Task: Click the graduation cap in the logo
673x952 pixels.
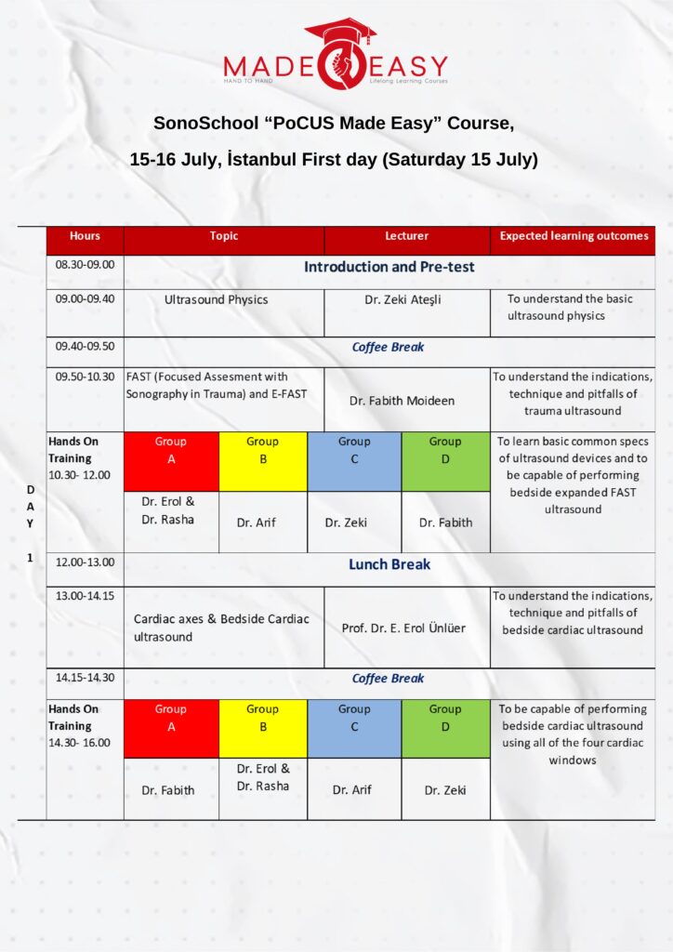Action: (340, 31)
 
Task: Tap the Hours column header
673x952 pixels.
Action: (85, 236)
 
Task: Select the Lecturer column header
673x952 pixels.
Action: (406, 236)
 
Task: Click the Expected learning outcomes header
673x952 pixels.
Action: (574, 236)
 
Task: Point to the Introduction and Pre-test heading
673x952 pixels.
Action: (389, 267)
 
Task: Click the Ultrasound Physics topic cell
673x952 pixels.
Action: (216, 300)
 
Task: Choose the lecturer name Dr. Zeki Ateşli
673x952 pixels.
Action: (406, 300)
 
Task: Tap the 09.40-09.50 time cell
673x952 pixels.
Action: (85, 347)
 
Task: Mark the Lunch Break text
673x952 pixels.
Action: (389, 564)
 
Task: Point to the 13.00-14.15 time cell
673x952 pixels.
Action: (85, 596)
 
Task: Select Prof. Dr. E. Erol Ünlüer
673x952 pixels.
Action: (403, 628)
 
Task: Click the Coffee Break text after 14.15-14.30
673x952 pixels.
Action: (388, 679)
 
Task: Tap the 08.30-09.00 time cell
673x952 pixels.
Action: (85, 265)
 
